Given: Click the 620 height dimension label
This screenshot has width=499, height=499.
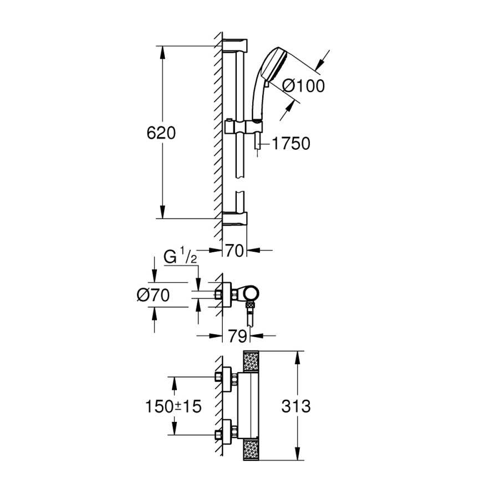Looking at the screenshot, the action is tap(161, 133).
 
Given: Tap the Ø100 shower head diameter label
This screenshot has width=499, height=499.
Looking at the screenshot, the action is tap(304, 86).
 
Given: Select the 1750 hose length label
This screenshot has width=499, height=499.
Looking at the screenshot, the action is tap(291, 144).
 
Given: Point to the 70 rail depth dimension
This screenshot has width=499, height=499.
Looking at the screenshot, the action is tap(235, 251).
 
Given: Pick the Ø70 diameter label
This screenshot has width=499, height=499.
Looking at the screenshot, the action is tap(153, 295).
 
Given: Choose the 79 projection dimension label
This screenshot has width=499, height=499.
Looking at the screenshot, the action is tap(238, 335).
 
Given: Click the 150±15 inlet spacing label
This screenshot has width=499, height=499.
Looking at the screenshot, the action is tap(174, 406).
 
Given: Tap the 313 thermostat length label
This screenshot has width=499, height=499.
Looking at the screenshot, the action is tap(296, 406).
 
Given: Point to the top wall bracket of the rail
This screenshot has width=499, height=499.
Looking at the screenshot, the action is tap(235, 45).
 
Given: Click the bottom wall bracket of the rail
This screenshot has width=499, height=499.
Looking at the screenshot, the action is tap(235, 219).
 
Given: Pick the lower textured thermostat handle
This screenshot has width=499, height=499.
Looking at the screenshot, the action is tap(251, 450).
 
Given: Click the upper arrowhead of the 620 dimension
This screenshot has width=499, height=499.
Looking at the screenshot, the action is tap(162, 53).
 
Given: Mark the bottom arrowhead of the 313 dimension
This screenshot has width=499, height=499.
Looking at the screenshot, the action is tap(297, 454).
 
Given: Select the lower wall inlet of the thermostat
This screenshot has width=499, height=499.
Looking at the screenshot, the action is tap(227, 434).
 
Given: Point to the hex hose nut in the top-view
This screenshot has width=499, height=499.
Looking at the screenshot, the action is tap(250, 306).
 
